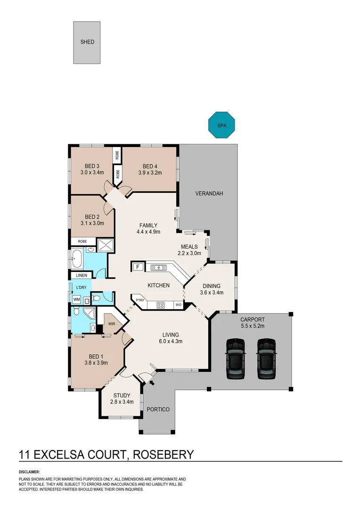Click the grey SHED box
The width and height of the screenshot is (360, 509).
[87, 42]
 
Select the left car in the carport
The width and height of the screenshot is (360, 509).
[235, 359]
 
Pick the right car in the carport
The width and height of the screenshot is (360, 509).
[266, 359]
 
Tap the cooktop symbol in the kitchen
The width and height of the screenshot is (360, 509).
[160, 304]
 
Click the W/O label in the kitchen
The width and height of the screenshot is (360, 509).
[179, 305]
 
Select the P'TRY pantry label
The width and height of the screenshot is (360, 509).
[140, 300]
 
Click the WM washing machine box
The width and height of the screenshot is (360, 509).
[76, 299]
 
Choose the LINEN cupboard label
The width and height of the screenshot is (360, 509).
[81, 276]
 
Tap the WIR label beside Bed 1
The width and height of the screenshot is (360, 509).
[112, 324]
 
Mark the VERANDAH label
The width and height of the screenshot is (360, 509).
[209, 194]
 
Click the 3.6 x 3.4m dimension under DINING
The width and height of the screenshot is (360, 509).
[211, 292]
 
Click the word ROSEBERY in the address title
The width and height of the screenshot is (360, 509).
[164, 454]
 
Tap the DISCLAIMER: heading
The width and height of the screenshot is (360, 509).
[29, 472]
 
